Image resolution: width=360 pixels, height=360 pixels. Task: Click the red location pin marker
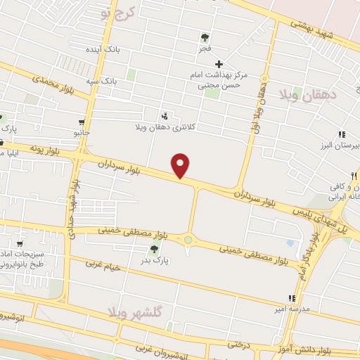(181, 165)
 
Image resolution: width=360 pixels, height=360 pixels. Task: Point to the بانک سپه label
(101, 81)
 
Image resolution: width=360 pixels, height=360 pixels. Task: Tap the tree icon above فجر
(205, 37)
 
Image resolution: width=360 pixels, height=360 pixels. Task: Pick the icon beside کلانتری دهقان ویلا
(165, 116)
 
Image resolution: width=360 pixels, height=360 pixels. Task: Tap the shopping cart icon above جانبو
(83, 121)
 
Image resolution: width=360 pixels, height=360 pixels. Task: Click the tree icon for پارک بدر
(154, 248)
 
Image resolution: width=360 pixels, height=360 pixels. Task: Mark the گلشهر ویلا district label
(141, 314)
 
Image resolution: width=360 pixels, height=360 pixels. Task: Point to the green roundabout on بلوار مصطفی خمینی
(188, 240)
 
